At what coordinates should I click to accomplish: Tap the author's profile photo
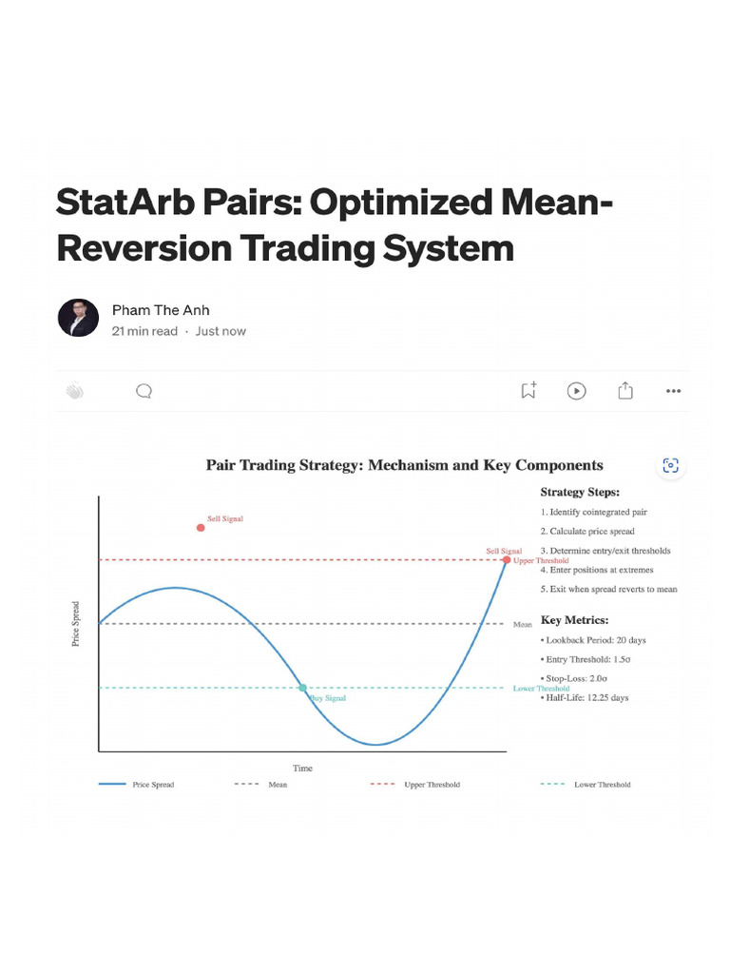pyautogui.click(x=78, y=319)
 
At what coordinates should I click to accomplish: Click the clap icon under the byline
pyautogui.click(x=75, y=391)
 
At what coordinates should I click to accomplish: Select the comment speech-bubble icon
pyautogui.click(x=144, y=391)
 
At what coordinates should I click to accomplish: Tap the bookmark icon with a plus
pyautogui.click(x=528, y=390)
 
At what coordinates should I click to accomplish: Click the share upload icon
pyautogui.click(x=625, y=390)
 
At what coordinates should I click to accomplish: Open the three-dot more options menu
pyautogui.click(x=674, y=390)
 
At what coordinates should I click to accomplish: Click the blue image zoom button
pyautogui.click(x=671, y=465)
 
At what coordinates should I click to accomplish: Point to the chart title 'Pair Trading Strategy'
pyautogui.click(x=404, y=465)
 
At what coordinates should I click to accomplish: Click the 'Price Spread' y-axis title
pyautogui.click(x=76, y=623)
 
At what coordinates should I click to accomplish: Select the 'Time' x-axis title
pyautogui.click(x=302, y=768)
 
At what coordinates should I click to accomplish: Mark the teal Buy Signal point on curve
pyautogui.click(x=302, y=688)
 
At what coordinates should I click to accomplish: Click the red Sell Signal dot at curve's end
pyautogui.click(x=507, y=560)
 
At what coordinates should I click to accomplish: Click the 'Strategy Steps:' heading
pyautogui.click(x=580, y=492)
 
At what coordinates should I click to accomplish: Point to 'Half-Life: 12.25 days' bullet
pyautogui.click(x=586, y=697)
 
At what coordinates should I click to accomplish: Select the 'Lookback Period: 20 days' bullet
pyautogui.click(x=595, y=640)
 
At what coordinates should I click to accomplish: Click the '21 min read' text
pyautogui.click(x=144, y=331)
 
